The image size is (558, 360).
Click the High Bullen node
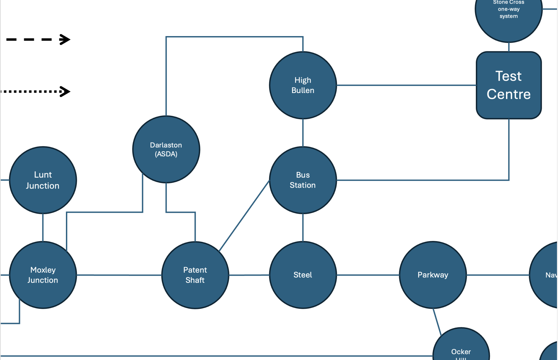pyautogui.click(x=303, y=85)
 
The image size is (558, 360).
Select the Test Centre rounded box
pyautogui.click(x=509, y=85)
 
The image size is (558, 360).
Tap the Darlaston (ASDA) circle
pyautogui.click(x=166, y=149)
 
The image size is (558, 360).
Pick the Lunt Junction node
pyautogui.click(x=43, y=180)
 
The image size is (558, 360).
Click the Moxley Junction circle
pyautogui.click(x=43, y=275)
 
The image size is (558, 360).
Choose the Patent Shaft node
pyautogui.click(x=195, y=275)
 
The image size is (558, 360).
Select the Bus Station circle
pyautogui.click(x=303, y=180)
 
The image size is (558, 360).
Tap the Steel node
pyautogui.click(x=303, y=275)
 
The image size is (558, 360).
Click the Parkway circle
pyautogui.click(x=433, y=275)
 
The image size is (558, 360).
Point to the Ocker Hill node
pyautogui.click(x=461, y=347)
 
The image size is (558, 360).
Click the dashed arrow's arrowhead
pyautogui.click(x=65, y=39)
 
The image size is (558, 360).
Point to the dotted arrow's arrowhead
pyautogui.click(x=65, y=91)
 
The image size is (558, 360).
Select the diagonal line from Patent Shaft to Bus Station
pyautogui.click(x=244, y=216)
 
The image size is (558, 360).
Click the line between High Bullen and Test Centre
pyautogui.click(x=406, y=85)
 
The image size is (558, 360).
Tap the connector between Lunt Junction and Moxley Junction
pyautogui.click(x=43, y=228)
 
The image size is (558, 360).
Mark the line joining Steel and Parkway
pyautogui.click(x=368, y=275)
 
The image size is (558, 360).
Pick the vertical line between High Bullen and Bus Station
pyautogui.click(x=303, y=133)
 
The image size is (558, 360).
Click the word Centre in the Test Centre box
pyautogui.click(x=509, y=94)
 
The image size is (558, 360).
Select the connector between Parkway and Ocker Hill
pyautogui.click(x=437, y=322)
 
